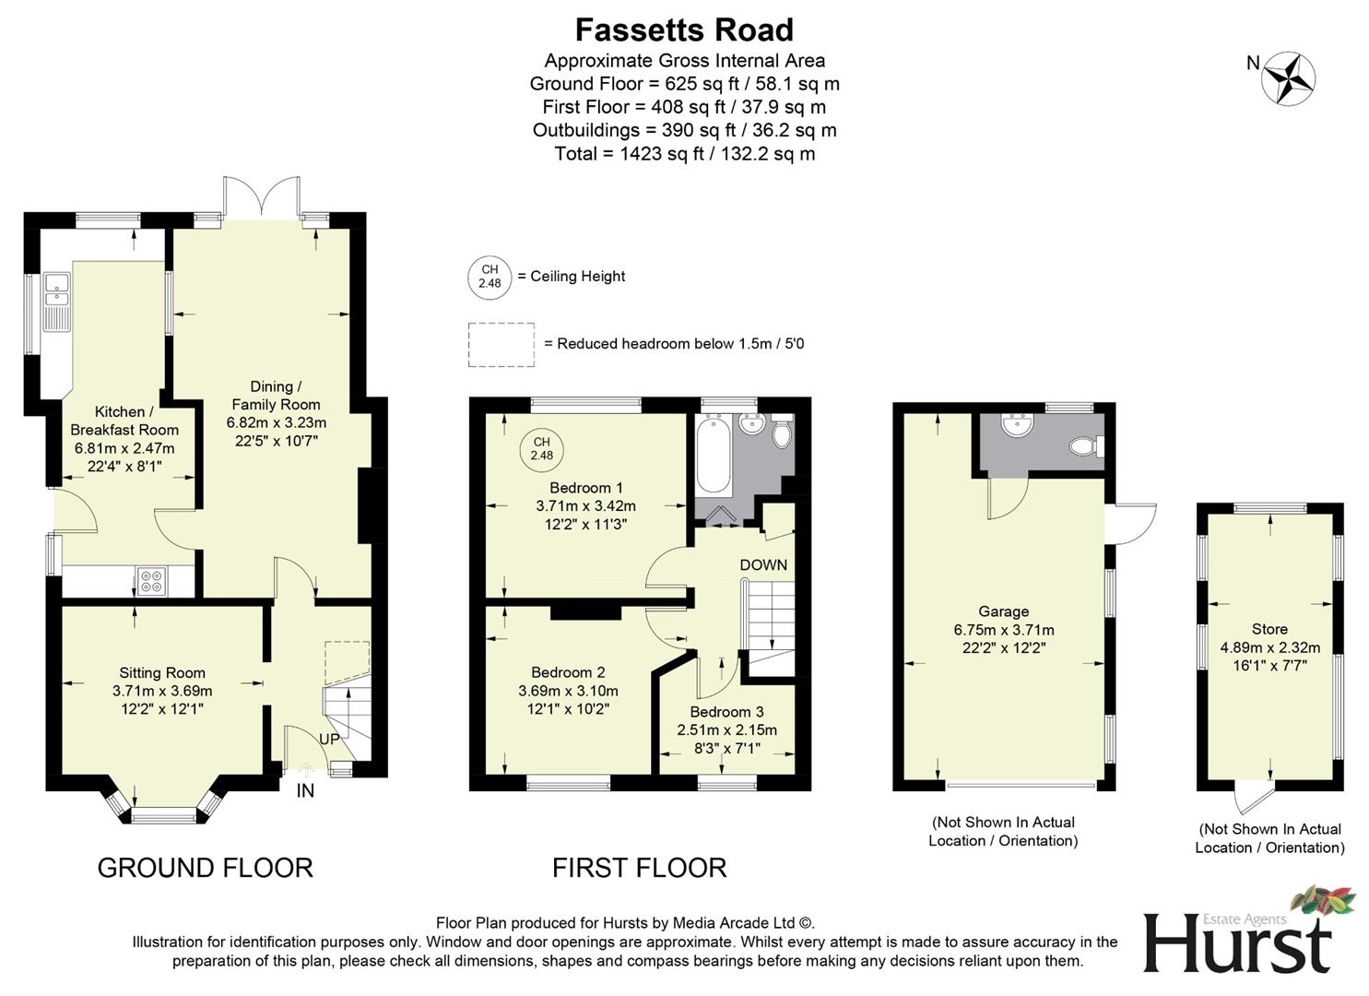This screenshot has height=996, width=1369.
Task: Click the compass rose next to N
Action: click(x=1289, y=77)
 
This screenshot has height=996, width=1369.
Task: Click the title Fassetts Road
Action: click(x=684, y=30)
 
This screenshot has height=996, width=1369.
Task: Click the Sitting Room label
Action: click(x=162, y=673)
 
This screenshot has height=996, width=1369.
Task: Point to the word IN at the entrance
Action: click(x=305, y=790)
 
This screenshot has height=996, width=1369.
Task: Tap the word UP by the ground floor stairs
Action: click(x=329, y=739)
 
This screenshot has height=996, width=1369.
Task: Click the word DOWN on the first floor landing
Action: click(x=763, y=564)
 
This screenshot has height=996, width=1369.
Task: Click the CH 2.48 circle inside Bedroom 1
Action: click(x=542, y=448)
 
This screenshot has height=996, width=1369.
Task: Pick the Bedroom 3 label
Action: click(x=726, y=712)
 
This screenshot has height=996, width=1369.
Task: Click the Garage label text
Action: click(x=1003, y=611)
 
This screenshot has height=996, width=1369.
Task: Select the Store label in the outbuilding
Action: click(x=1269, y=629)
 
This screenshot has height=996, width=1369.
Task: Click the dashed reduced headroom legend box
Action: click(x=501, y=345)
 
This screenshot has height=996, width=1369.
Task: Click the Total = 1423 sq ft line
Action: click(x=684, y=154)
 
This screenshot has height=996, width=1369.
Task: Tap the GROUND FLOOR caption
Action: click(x=205, y=868)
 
